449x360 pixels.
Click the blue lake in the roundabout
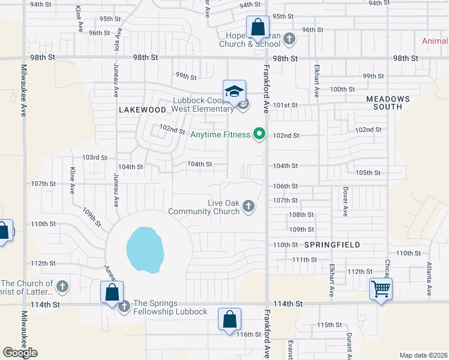point(145,249)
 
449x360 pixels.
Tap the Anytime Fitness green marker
point(259,134)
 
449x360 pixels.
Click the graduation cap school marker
point(234,92)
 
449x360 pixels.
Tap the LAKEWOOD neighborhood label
point(142,110)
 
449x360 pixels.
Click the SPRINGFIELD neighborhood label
point(332,245)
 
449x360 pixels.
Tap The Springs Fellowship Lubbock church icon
point(124,307)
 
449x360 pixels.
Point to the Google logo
point(20,353)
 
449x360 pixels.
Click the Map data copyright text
point(423,355)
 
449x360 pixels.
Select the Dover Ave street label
point(346,202)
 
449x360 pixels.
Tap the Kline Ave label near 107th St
point(71,180)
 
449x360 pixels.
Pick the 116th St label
point(249,334)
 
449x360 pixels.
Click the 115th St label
point(329,325)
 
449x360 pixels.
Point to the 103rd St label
point(94,157)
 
